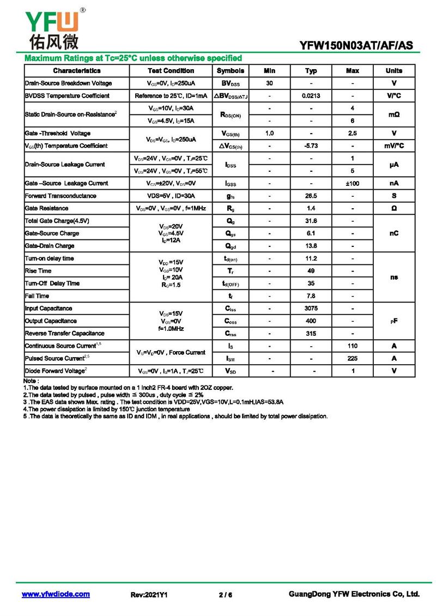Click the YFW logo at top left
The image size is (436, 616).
[x=52, y=28]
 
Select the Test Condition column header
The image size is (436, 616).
[x=171, y=71]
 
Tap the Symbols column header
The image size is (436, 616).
[x=231, y=71]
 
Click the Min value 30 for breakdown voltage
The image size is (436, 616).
[x=269, y=83]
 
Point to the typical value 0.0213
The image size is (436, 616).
[x=311, y=96]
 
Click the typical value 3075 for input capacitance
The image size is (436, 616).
[x=311, y=309]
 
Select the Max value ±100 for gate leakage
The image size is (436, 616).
[x=353, y=184]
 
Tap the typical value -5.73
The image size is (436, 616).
[x=311, y=146]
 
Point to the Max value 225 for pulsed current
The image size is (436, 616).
[x=353, y=359]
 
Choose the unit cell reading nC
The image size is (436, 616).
[x=393, y=233]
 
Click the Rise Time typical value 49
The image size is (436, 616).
[x=311, y=271]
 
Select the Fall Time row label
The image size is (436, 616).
[x=38, y=296]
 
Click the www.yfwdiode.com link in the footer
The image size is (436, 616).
[x=56, y=594]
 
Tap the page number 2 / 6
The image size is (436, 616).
[x=225, y=595]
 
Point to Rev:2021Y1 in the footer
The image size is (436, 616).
[x=149, y=595]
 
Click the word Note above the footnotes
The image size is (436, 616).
[x=31, y=381]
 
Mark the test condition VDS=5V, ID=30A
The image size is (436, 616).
[x=171, y=196]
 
